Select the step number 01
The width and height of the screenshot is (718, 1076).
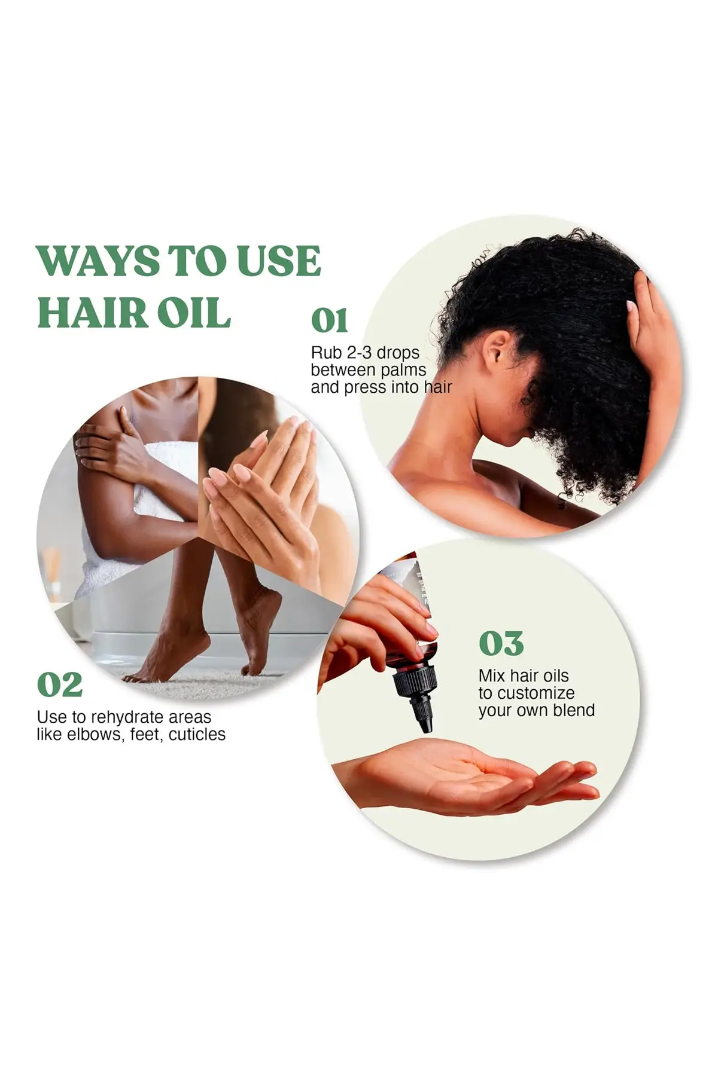[329, 320]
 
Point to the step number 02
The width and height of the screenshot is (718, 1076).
[59, 684]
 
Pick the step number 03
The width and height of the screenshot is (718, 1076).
[501, 643]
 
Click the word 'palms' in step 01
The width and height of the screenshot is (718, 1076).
[403, 370]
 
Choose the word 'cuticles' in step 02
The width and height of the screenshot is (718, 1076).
[197, 734]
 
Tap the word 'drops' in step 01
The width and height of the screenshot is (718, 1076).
[398, 353]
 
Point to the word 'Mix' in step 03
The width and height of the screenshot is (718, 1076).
[492, 676]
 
